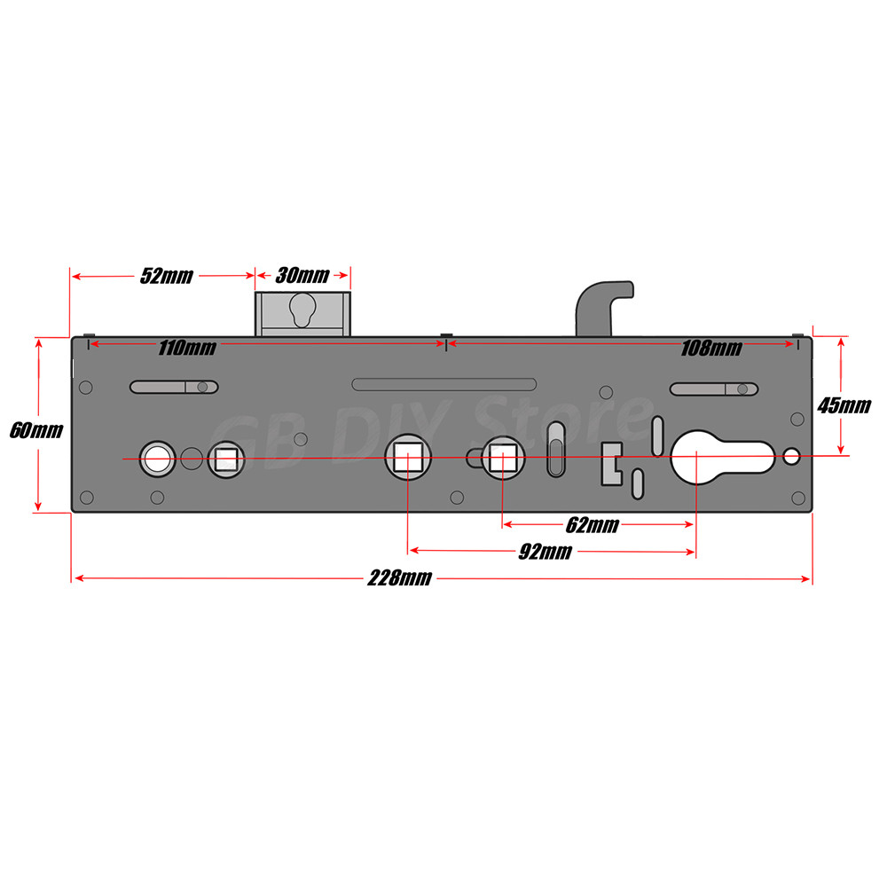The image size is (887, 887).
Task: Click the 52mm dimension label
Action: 166,276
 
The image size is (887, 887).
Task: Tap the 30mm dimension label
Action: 302,275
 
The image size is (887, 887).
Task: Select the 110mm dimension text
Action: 186,348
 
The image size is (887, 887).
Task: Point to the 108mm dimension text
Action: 711,348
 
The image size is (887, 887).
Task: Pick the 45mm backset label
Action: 844,406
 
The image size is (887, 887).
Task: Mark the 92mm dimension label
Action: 545,553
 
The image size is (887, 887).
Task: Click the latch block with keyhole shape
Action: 302,315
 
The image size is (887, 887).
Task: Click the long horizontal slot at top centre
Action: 443,384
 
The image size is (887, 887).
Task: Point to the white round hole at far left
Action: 158,458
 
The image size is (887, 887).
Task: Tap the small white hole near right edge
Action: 792,457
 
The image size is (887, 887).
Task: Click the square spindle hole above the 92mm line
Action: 407,459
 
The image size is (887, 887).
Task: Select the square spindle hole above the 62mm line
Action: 503,459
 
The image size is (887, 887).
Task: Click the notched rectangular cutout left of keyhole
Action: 612,462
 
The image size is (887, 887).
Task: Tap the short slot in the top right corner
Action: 713,389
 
